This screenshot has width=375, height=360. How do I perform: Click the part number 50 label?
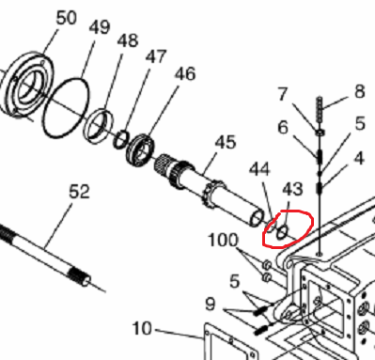tap(66, 18)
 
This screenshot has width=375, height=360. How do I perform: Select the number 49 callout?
tap(100, 27)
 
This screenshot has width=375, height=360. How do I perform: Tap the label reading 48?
tap(128, 40)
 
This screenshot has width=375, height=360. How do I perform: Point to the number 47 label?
tap(156, 56)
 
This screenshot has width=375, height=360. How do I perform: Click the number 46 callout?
tap(185, 74)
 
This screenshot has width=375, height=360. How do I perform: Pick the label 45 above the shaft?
tap(226, 142)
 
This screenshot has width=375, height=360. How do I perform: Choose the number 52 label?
tap(79, 191)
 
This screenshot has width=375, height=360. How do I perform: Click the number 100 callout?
tap(223, 241)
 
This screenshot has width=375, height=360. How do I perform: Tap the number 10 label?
tap(142, 329)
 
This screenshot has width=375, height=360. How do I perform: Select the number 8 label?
tap(360, 91)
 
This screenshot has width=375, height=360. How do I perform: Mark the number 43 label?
tap(293, 189)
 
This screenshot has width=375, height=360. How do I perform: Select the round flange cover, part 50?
tap(25, 85)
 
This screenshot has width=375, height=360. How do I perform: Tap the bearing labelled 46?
tap(141, 150)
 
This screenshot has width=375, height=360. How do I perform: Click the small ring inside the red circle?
tap(283, 232)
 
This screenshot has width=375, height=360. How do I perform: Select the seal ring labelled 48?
tap(99, 125)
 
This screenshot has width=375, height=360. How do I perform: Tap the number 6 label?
tap(283, 127)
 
